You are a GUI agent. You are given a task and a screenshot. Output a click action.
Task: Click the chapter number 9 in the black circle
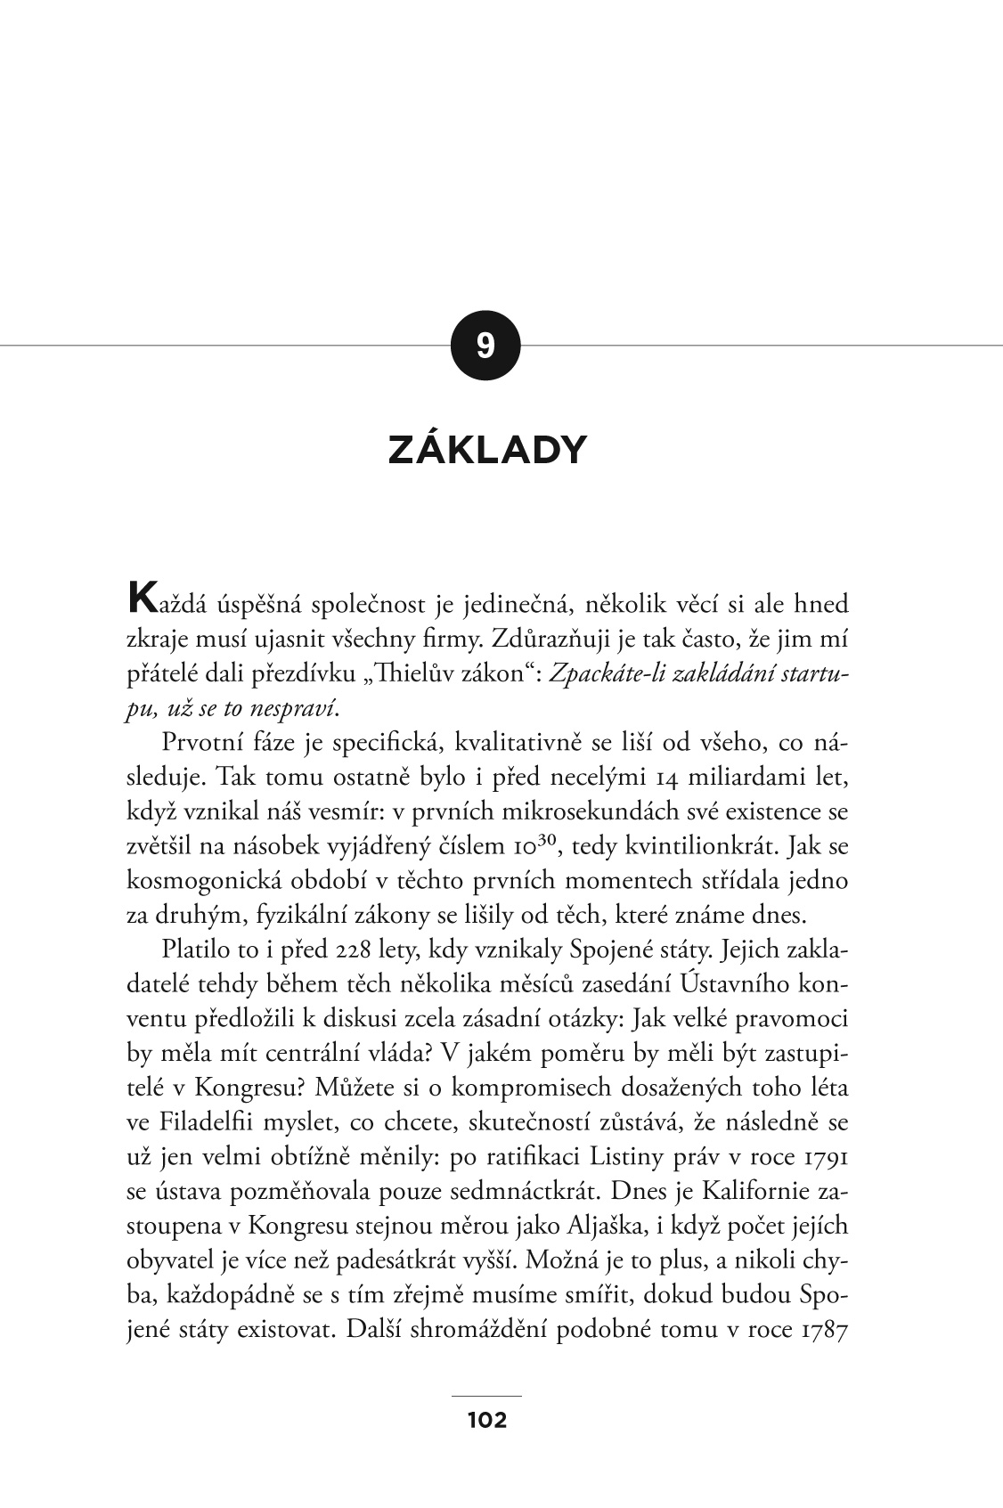[485, 346]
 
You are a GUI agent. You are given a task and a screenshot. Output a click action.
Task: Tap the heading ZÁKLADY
[487, 451]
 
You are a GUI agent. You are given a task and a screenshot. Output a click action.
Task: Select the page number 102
[487, 1420]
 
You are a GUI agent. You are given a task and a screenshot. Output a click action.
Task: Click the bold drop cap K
[142, 598]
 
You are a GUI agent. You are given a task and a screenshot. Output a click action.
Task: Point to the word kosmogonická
[203, 881]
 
